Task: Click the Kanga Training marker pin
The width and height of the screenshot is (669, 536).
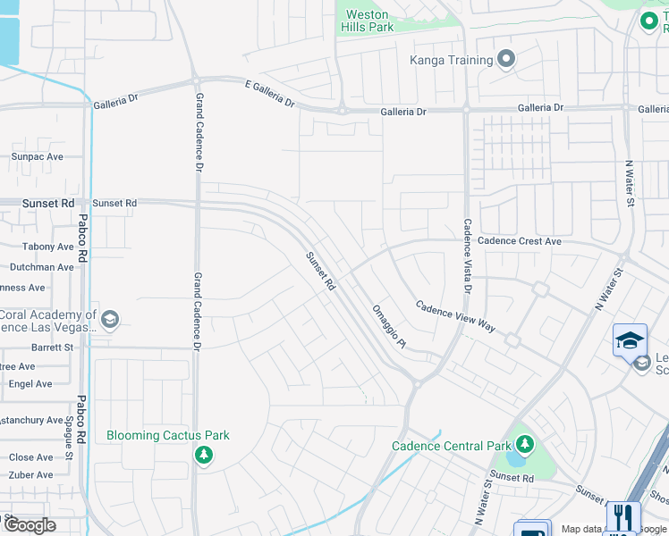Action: click(507, 60)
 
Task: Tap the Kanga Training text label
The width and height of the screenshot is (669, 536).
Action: click(452, 60)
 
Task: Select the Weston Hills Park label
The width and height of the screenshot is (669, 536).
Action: click(367, 21)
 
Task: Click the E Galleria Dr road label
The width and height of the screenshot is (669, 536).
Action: click(269, 92)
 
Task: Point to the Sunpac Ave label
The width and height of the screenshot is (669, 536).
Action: click(38, 156)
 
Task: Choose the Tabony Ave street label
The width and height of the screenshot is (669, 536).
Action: click(48, 247)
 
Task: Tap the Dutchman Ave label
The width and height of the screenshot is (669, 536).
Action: click(41, 267)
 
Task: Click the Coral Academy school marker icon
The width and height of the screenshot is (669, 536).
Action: click(110, 320)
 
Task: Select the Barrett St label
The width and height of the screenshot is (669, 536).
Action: click(52, 347)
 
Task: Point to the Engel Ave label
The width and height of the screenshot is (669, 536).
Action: click(31, 384)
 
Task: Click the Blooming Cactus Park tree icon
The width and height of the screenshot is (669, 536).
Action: click(204, 456)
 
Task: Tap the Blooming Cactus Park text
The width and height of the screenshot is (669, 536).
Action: click(168, 436)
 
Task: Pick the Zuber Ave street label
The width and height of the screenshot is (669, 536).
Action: click(31, 475)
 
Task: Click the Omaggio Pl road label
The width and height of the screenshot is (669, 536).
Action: click(389, 326)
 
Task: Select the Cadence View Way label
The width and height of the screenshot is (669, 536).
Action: click(455, 316)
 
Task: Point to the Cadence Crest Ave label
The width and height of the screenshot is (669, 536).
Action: click(519, 241)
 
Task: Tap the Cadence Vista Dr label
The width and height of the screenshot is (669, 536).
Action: click(467, 256)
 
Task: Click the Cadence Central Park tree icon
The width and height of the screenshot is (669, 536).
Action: click(524, 444)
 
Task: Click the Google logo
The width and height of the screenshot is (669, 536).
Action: click(30, 525)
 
